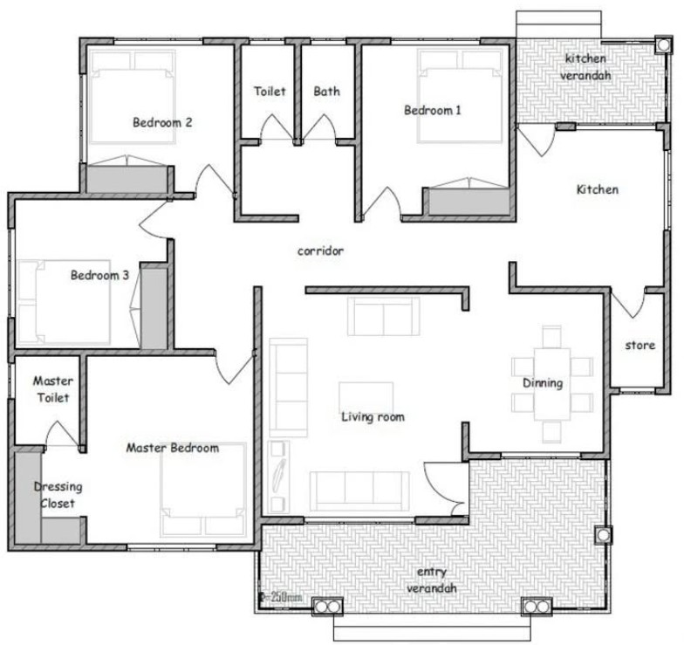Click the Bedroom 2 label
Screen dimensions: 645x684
(162, 122)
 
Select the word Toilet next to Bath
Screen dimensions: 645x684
(270, 91)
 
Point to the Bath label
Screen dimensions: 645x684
(327, 91)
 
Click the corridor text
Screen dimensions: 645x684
(320, 250)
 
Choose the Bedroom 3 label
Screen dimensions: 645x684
(99, 275)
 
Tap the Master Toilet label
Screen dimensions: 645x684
(52, 389)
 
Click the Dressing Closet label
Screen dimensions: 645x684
(53, 495)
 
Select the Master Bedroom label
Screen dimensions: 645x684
(173, 448)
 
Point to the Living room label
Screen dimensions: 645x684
(373, 417)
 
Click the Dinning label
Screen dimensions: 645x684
(543, 382)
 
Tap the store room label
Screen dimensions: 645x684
(640, 346)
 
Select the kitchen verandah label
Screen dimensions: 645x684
(586, 66)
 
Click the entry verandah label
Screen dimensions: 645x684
(432, 580)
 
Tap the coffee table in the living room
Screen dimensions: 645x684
(366, 396)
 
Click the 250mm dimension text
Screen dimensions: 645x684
(280, 597)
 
